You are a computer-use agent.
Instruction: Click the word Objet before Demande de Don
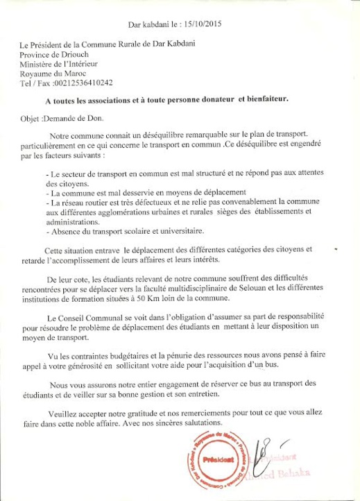point(31,119)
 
